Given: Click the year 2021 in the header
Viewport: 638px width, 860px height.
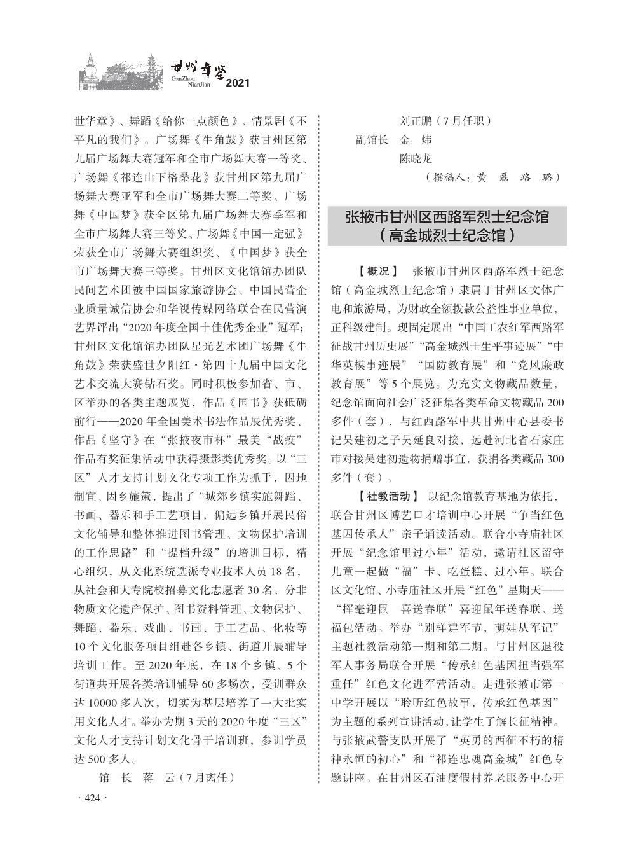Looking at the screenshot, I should pyautogui.click(x=238, y=83).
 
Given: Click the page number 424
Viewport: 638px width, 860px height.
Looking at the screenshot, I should pyautogui.click(x=93, y=798).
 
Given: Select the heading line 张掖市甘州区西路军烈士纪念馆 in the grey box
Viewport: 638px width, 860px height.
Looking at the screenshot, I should pyautogui.click(x=447, y=217).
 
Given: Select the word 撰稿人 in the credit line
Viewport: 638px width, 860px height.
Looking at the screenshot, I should pyautogui.click(x=451, y=177).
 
